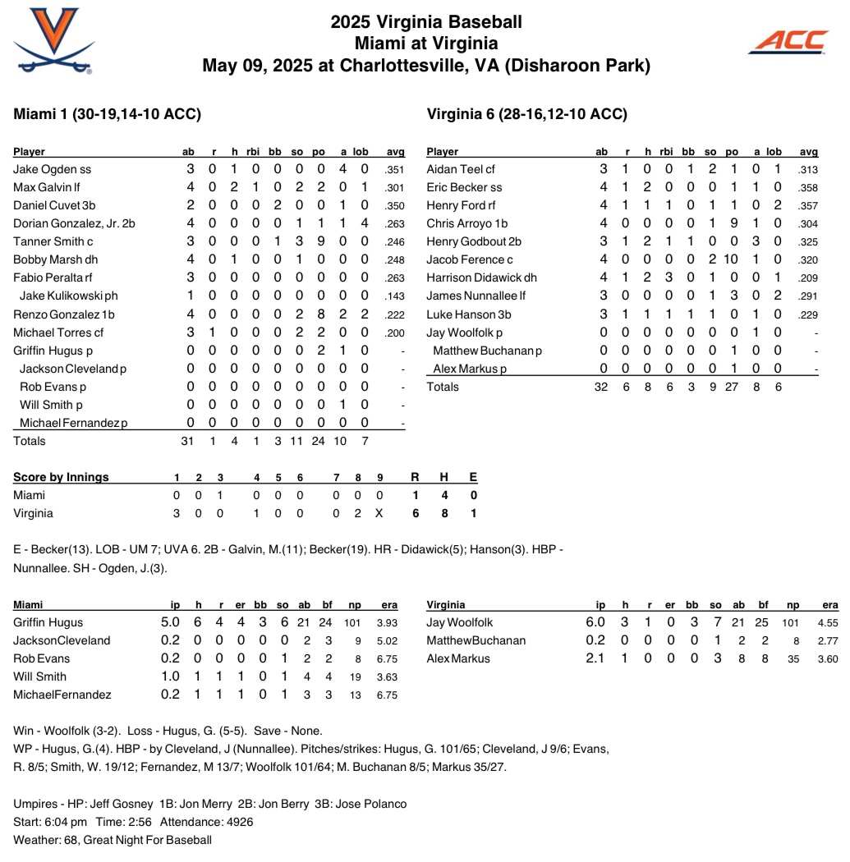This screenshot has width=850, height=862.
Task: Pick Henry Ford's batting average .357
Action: click(808, 205)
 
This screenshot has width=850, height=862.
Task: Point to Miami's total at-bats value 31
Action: click(187, 441)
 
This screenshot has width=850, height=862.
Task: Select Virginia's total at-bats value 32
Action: click(601, 387)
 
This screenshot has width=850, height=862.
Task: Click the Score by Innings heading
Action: click(61, 477)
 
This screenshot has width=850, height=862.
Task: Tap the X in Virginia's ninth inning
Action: click(379, 513)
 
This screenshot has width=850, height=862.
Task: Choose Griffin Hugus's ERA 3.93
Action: click(388, 622)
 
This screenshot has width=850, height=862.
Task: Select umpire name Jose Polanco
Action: click(374, 804)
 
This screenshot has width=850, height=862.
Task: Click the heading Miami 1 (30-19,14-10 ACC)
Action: click(108, 114)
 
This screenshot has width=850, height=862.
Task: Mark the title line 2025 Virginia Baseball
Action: click(425, 22)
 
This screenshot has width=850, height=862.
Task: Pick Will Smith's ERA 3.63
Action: click(388, 676)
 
